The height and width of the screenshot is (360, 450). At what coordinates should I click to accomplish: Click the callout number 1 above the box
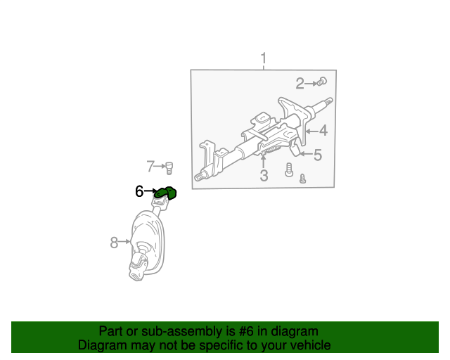tap(264, 58)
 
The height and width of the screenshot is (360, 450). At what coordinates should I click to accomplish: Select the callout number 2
tap(300, 84)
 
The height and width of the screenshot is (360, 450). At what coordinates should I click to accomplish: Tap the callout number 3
tap(264, 175)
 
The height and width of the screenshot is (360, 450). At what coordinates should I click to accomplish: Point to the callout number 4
tap(323, 131)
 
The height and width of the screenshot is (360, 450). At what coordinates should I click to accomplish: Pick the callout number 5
tap(318, 155)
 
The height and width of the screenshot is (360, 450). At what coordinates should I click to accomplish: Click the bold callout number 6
tap(139, 191)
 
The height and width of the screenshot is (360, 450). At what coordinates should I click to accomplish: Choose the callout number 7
tap(150, 166)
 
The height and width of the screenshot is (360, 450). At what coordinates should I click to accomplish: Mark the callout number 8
tap(114, 243)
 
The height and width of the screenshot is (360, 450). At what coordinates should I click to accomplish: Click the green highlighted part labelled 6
tap(166, 193)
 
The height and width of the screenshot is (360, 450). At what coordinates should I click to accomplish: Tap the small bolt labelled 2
tap(322, 82)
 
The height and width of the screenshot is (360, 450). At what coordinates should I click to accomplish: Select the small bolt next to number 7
tap(169, 168)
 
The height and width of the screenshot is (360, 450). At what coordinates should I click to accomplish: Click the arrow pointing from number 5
tap(307, 154)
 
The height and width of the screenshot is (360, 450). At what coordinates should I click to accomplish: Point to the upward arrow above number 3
tap(263, 161)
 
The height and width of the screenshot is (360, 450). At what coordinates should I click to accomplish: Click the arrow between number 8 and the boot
tap(124, 242)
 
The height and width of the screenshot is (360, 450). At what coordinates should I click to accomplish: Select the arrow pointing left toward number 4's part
tap(312, 131)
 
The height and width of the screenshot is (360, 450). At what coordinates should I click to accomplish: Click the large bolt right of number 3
tap(289, 169)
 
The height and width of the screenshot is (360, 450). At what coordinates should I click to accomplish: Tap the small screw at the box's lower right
tap(302, 179)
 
